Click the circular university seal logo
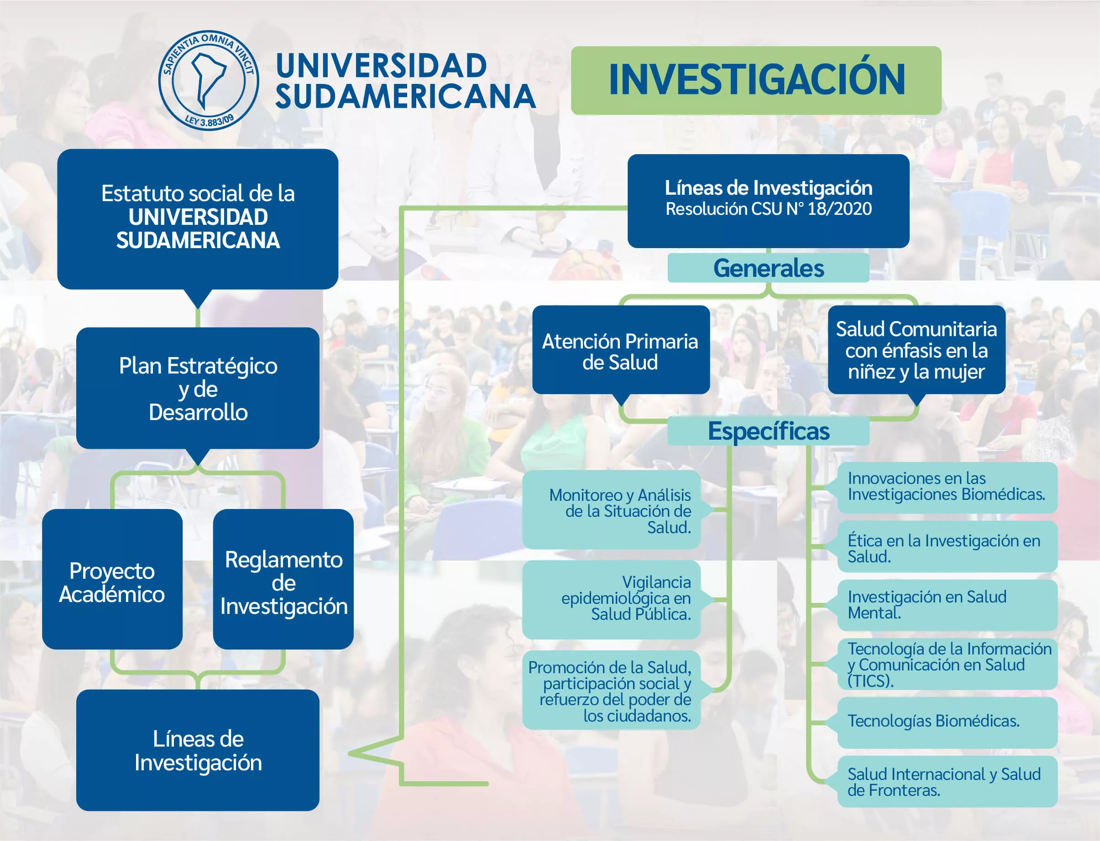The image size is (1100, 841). (x=209, y=80)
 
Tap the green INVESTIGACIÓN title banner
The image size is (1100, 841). (x=756, y=81)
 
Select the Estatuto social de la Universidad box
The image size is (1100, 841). (x=198, y=219)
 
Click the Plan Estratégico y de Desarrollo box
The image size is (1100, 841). (x=198, y=388)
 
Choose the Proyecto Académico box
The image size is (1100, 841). (x=112, y=579)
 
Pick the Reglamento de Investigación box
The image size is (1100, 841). (x=283, y=579)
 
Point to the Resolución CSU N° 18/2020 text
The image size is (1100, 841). (x=768, y=209)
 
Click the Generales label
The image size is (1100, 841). (x=768, y=268)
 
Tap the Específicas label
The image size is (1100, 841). (x=768, y=431)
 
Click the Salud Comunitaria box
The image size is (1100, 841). (x=917, y=350)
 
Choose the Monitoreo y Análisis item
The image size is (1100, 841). (x=612, y=509)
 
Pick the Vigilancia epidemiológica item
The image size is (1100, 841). (x=612, y=599)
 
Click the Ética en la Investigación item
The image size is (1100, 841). (x=947, y=547)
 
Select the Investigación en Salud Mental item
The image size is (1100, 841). (x=947, y=605)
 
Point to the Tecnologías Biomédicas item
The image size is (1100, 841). (x=947, y=722)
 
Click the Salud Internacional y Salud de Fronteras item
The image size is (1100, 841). (x=947, y=781)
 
